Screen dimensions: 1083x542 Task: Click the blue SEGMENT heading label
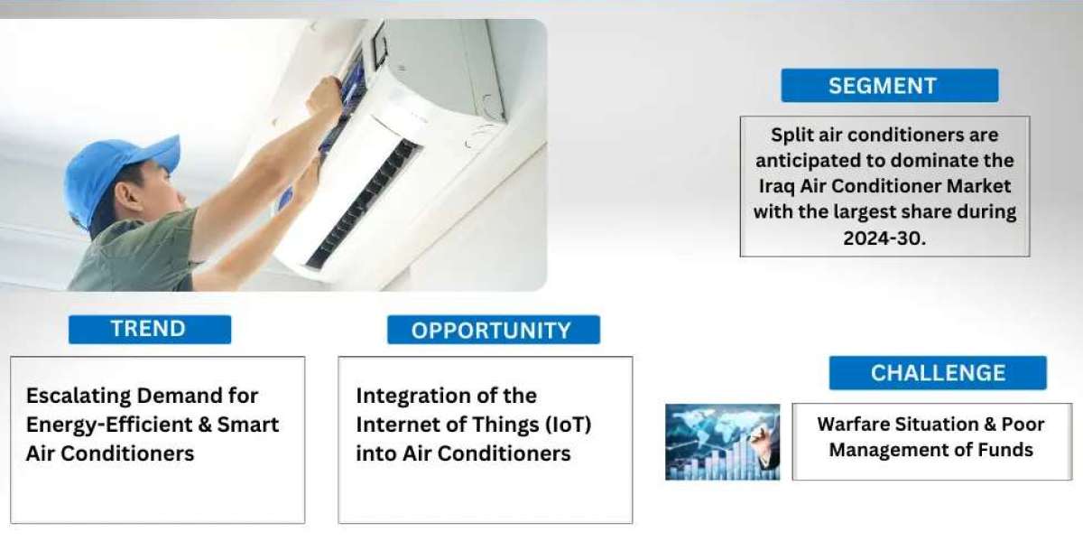pos(890,86)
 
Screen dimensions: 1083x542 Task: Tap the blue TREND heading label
pos(150,330)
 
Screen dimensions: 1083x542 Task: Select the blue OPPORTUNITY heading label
pos(494,330)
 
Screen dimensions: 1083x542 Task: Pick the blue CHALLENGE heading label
pos(938,373)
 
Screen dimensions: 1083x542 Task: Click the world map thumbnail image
pos(722,443)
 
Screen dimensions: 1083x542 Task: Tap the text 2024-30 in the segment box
pos(884,238)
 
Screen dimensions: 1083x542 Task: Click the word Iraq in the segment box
pos(776,187)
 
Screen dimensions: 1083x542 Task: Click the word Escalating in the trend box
pos(79,397)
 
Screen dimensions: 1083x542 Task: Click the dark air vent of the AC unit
pos(364,203)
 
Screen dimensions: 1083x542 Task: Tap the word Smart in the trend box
pos(248,425)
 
